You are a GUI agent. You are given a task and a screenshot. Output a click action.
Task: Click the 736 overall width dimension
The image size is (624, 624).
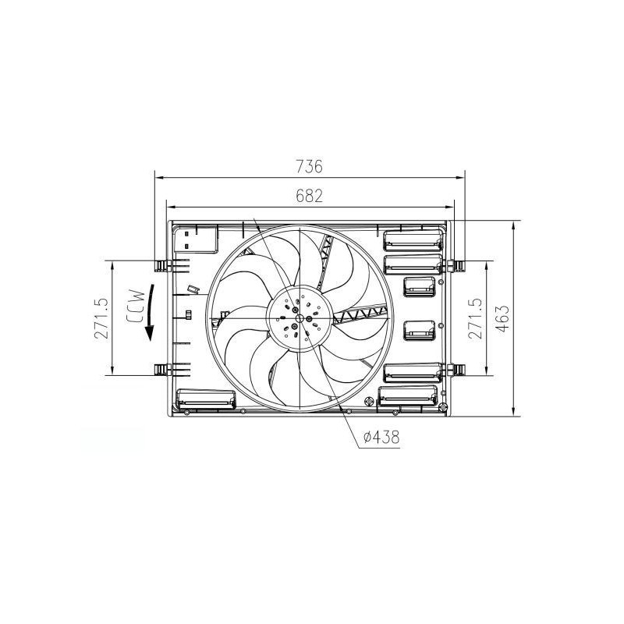tap(310, 166)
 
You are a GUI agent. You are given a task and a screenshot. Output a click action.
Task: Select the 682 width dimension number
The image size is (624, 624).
tap(310, 196)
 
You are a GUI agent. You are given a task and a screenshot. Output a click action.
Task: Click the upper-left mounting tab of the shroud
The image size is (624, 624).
tap(161, 265)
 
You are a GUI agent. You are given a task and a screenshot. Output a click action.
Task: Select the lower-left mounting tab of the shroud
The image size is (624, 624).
tap(161, 369)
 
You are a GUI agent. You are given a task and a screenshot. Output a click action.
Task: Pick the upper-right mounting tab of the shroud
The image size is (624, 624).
tap(457, 265)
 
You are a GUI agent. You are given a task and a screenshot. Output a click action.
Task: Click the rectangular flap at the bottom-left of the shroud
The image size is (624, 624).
tap(206, 399)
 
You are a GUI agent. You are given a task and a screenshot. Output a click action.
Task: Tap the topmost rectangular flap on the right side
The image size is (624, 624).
tap(412, 238)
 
